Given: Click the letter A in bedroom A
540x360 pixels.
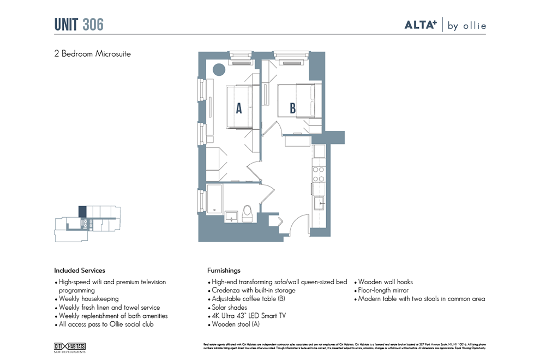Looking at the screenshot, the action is [x=238, y=109].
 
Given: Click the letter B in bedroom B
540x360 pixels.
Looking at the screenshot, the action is [x=292, y=109].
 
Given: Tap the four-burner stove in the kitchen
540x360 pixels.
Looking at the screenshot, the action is [x=318, y=174].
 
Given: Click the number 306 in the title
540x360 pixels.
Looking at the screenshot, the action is [x=93, y=25].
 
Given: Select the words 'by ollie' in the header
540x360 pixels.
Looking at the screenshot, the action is [x=466, y=26].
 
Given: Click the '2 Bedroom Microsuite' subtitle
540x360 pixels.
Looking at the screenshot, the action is [x=92, y=54].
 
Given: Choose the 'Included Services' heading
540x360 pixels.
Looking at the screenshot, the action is [x=80, y=271].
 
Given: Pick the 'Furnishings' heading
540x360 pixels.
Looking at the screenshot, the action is [x=224, y=271].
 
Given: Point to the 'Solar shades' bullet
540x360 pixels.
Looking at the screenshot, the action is [x=229, y=308].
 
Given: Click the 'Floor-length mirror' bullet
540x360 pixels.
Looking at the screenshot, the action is [x=383, y=291].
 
